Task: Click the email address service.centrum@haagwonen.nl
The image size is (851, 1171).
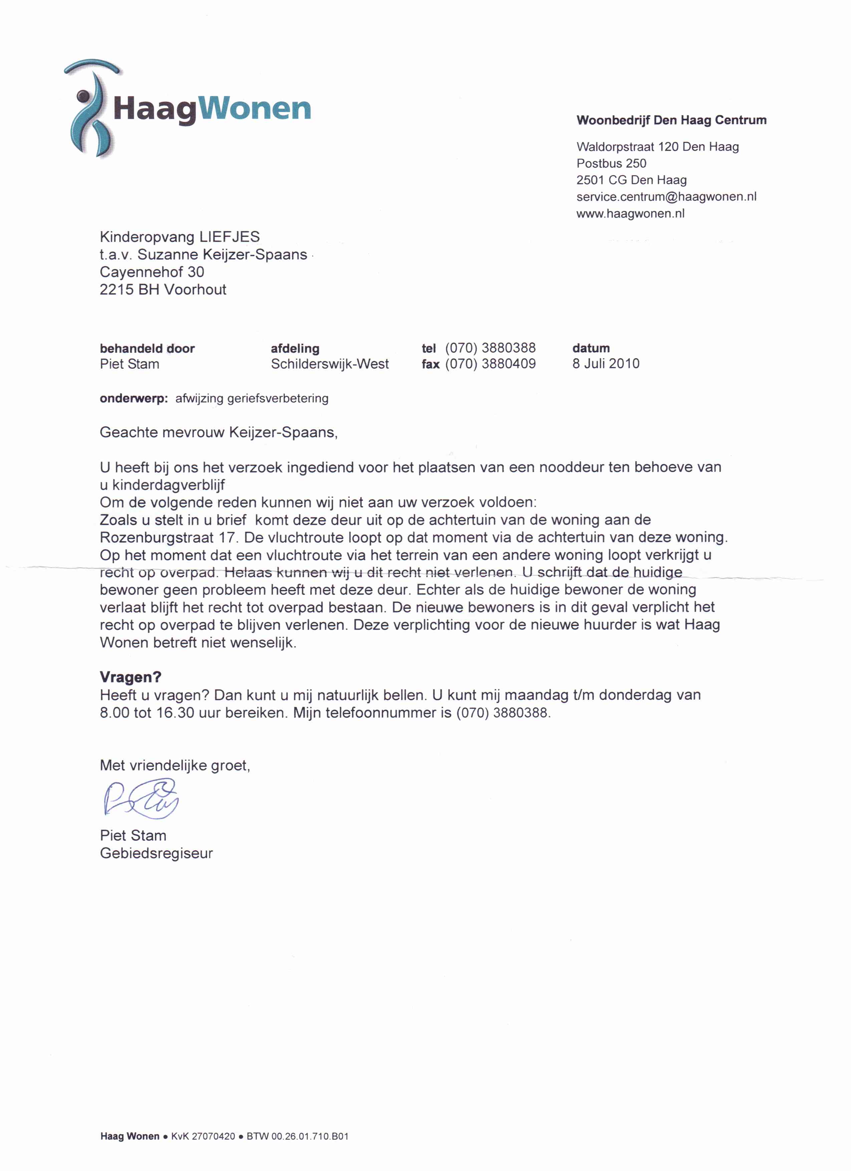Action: pos(666,197)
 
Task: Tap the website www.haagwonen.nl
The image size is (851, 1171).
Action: pos(630,214)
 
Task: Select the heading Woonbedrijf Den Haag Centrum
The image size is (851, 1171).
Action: pos(671,120)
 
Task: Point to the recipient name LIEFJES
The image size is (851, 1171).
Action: pos(230,237)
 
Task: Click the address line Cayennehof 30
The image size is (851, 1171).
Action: pos(152,272)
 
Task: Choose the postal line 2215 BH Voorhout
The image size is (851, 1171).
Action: pos(163,290)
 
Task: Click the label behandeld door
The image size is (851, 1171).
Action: pos(147,349)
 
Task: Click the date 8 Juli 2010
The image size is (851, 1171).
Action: pos(606,364)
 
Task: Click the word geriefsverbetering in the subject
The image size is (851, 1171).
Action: pos(277,399)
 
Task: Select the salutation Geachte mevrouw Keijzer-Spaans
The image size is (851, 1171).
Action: pos(219,433)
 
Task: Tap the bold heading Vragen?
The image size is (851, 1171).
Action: pos(130,677)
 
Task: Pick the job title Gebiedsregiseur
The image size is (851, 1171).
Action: pos(156,853)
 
